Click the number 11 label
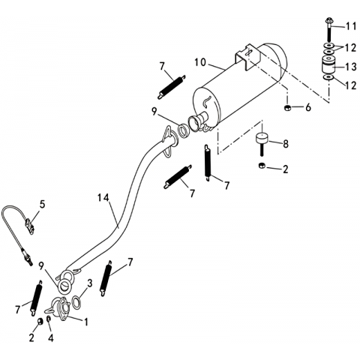point(350,26)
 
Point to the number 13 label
point(349,67)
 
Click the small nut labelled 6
point(287,108)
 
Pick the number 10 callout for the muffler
point(200,62)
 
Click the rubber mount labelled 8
point(262,144)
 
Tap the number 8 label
point(285,144)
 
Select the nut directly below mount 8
point(262,166)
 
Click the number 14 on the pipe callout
point(103,198)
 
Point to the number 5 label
point(42,204)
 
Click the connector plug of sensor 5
point(30,225)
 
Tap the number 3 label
point(89,283)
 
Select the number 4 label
point(50,338)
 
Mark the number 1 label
point(86,322)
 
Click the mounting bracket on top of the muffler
point(247,57)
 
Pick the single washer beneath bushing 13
point(328,77)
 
